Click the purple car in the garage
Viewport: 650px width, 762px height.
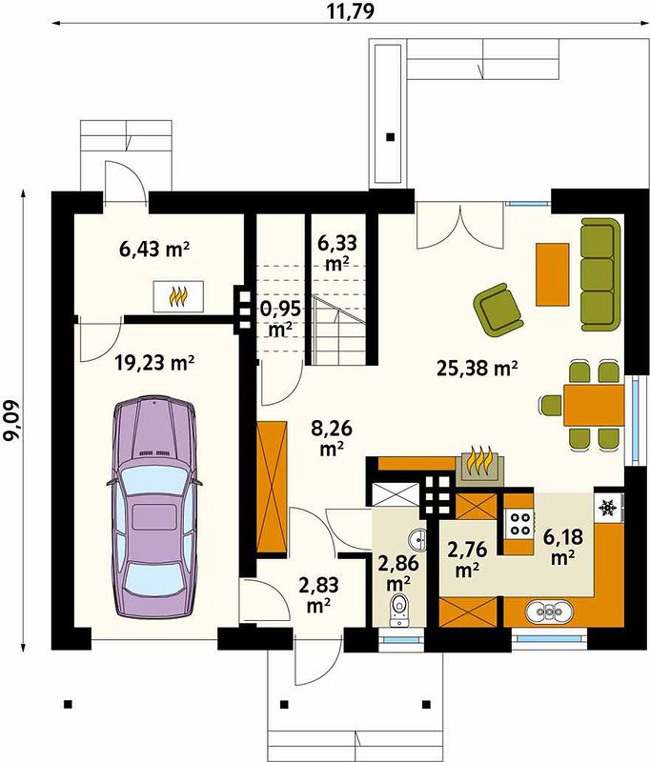(154, 507)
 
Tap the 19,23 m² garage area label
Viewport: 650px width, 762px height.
(155, 363)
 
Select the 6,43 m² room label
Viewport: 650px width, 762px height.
(154, 250)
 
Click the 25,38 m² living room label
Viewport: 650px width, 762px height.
(477, 368)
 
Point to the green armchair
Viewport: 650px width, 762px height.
(498, 310)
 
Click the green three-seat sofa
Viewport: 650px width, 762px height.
(600, 274)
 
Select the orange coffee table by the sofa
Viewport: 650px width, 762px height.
(552, 274)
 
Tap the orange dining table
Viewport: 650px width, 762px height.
(594, 406)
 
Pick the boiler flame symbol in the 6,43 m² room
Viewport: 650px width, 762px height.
(178, 296)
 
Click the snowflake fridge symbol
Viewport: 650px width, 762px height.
(608, 508)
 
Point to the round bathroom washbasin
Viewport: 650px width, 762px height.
(417, 538)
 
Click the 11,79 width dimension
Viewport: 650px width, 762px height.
(350, 10)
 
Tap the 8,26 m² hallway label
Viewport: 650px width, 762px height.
(333, 438)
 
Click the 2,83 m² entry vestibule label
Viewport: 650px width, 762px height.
(319, 593)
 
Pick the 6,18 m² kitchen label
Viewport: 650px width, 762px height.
(563, 547)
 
